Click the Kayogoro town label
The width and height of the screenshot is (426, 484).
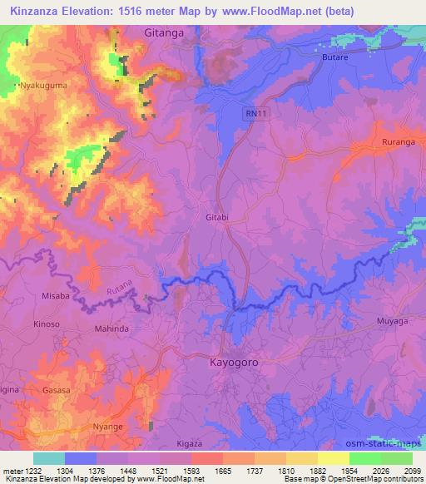(x=235, y=363)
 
